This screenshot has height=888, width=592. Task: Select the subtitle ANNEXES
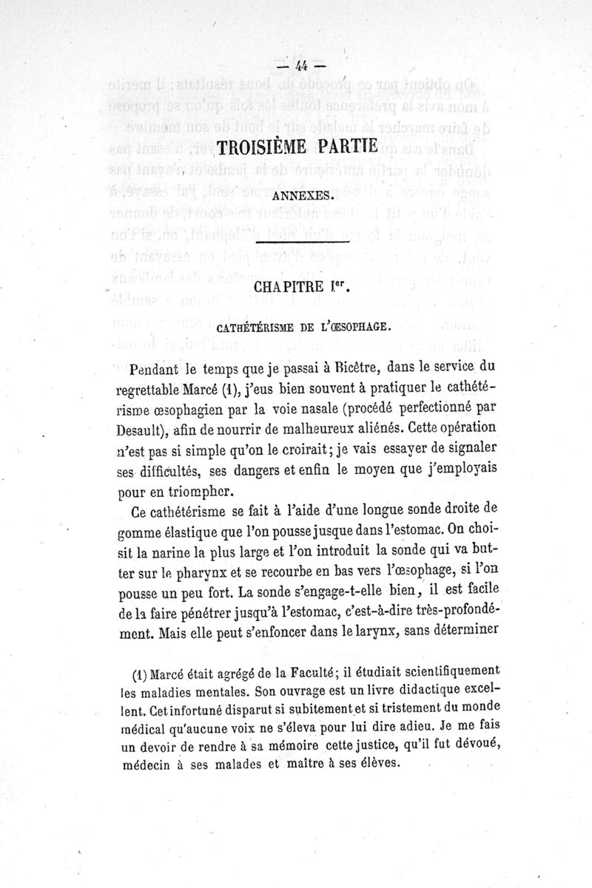[300, 197]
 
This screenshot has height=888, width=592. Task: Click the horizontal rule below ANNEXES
[302, 242]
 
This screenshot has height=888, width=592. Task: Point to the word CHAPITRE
[280, 284]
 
